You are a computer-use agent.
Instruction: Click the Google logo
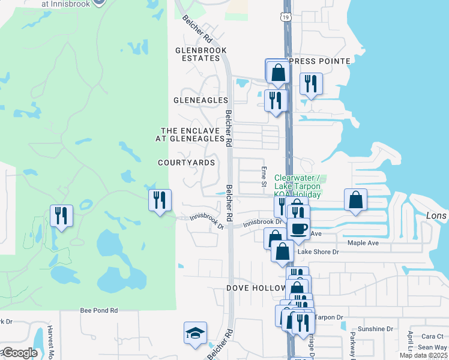pos(19,353)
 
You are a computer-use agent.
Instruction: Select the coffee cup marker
pos(298,228)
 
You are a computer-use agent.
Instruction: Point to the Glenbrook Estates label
pos(197,54)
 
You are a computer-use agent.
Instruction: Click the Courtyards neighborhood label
pos(186,163)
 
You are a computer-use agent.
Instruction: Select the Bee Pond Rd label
pos(99,311)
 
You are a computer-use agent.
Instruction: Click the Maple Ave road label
pos(363,243)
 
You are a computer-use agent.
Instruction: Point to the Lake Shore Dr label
pos(319,253)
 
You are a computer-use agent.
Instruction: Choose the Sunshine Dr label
pos(375,329)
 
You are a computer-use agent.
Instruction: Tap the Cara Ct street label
pos(432,337)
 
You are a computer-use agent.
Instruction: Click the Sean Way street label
pos(432,347)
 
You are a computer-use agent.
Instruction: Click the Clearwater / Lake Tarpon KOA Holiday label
pos(299,186)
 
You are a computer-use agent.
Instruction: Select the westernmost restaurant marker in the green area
pos(61,215)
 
